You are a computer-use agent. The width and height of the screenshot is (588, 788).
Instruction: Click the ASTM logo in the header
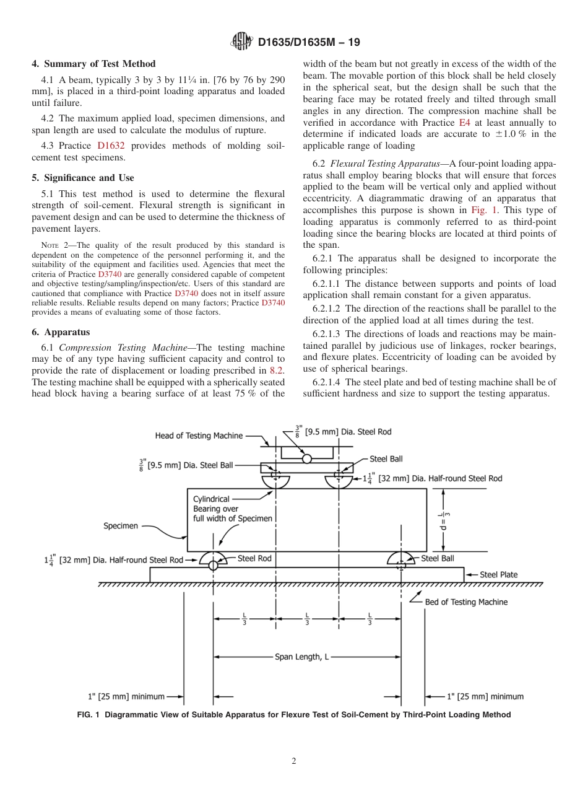coord(241,42)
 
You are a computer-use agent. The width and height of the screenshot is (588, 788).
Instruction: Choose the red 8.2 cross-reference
coord(277,370)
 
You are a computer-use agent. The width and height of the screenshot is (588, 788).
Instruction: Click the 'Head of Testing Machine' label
coord(199,436)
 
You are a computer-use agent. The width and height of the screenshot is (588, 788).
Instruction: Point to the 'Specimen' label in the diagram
coord(121,526)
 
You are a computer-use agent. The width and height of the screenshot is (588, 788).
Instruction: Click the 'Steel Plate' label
coord(499,575)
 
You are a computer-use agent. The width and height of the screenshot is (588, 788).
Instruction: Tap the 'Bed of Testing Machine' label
coord(466,602)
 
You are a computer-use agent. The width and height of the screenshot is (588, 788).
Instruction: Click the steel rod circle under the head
coord(307,458)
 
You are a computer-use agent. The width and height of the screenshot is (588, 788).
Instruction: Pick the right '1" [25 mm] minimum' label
coord(485,696)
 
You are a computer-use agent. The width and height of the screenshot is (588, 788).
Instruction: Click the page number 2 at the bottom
coord(294,761)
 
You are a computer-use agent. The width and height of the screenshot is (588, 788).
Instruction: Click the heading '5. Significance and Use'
coord(83,178)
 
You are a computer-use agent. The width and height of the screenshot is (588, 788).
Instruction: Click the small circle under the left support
coord(214,566)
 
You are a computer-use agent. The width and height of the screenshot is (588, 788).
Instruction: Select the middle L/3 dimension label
coord(307,619)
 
